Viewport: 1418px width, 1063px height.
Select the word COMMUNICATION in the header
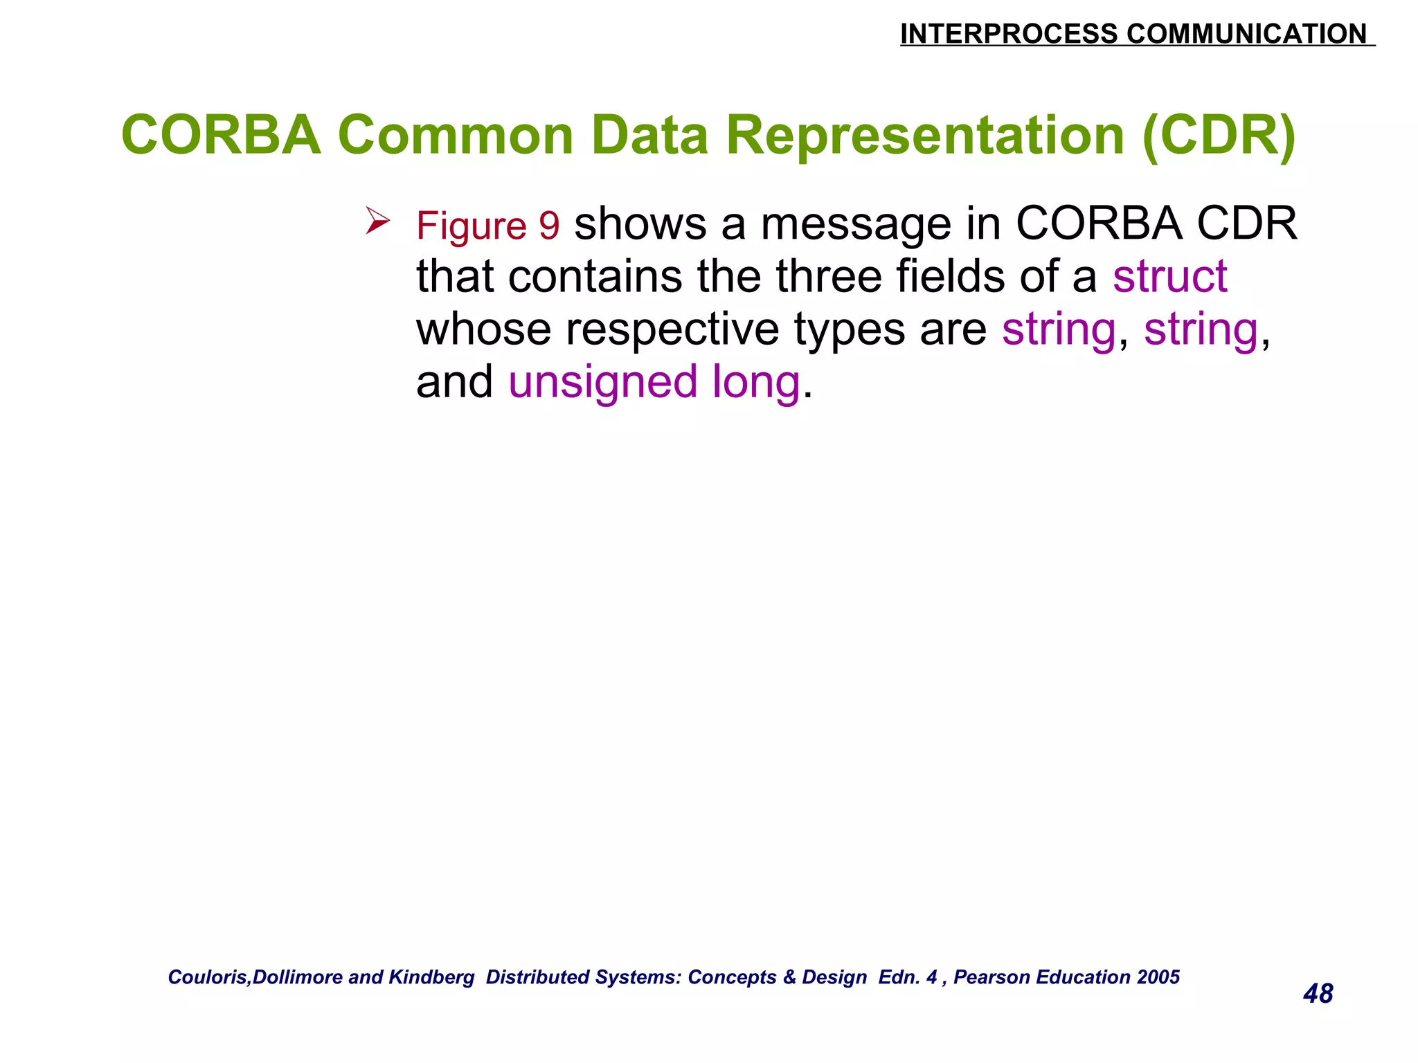1246,34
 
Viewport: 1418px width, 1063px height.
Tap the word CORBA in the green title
221,135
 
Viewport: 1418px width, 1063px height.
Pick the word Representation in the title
925,135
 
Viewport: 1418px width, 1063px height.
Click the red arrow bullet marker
378,221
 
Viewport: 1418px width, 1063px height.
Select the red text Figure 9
487,226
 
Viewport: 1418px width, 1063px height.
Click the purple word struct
1169,276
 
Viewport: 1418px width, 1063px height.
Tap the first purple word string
1059,329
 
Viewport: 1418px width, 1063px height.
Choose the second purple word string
1200,329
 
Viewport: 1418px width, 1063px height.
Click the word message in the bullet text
856,224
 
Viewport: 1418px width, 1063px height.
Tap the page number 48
1318,994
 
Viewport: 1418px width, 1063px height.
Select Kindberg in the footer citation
431,977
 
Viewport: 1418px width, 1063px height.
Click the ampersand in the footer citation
789,977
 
